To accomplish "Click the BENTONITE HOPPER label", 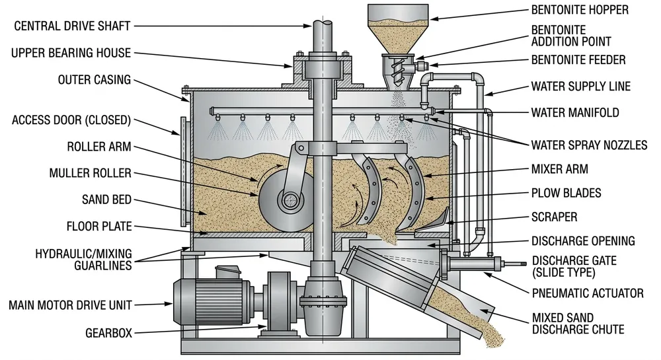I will [580, 10].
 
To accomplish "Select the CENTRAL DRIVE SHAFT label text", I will [73, 26].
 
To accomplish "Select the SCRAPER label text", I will [554, 217].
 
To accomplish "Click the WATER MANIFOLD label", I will [575, 112].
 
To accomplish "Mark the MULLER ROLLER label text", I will [90, 174].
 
